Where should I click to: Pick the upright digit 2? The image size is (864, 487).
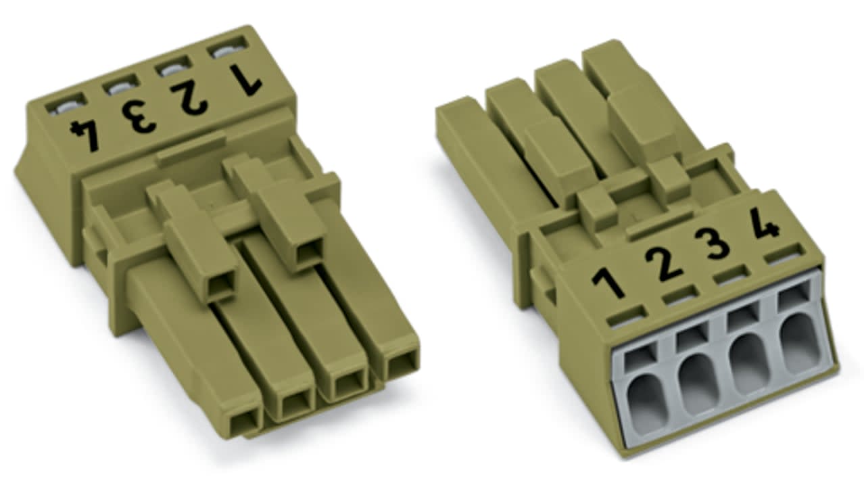pos(664,264)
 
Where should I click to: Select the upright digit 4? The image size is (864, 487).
pos(764,224)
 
